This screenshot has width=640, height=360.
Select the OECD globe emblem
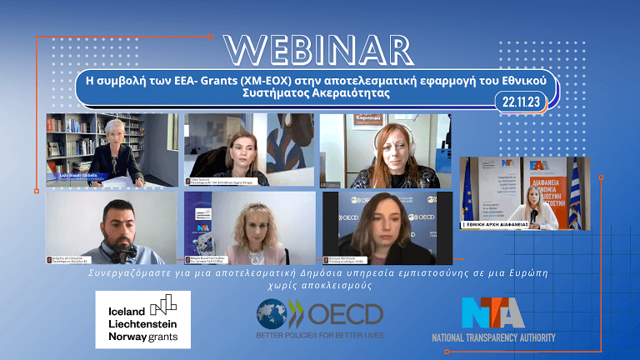click(269, 312)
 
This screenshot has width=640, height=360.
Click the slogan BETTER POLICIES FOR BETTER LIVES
click(319, 335)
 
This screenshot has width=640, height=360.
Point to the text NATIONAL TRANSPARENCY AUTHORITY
click(493, 337)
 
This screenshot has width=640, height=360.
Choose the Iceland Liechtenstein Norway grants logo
click(142, 319)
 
